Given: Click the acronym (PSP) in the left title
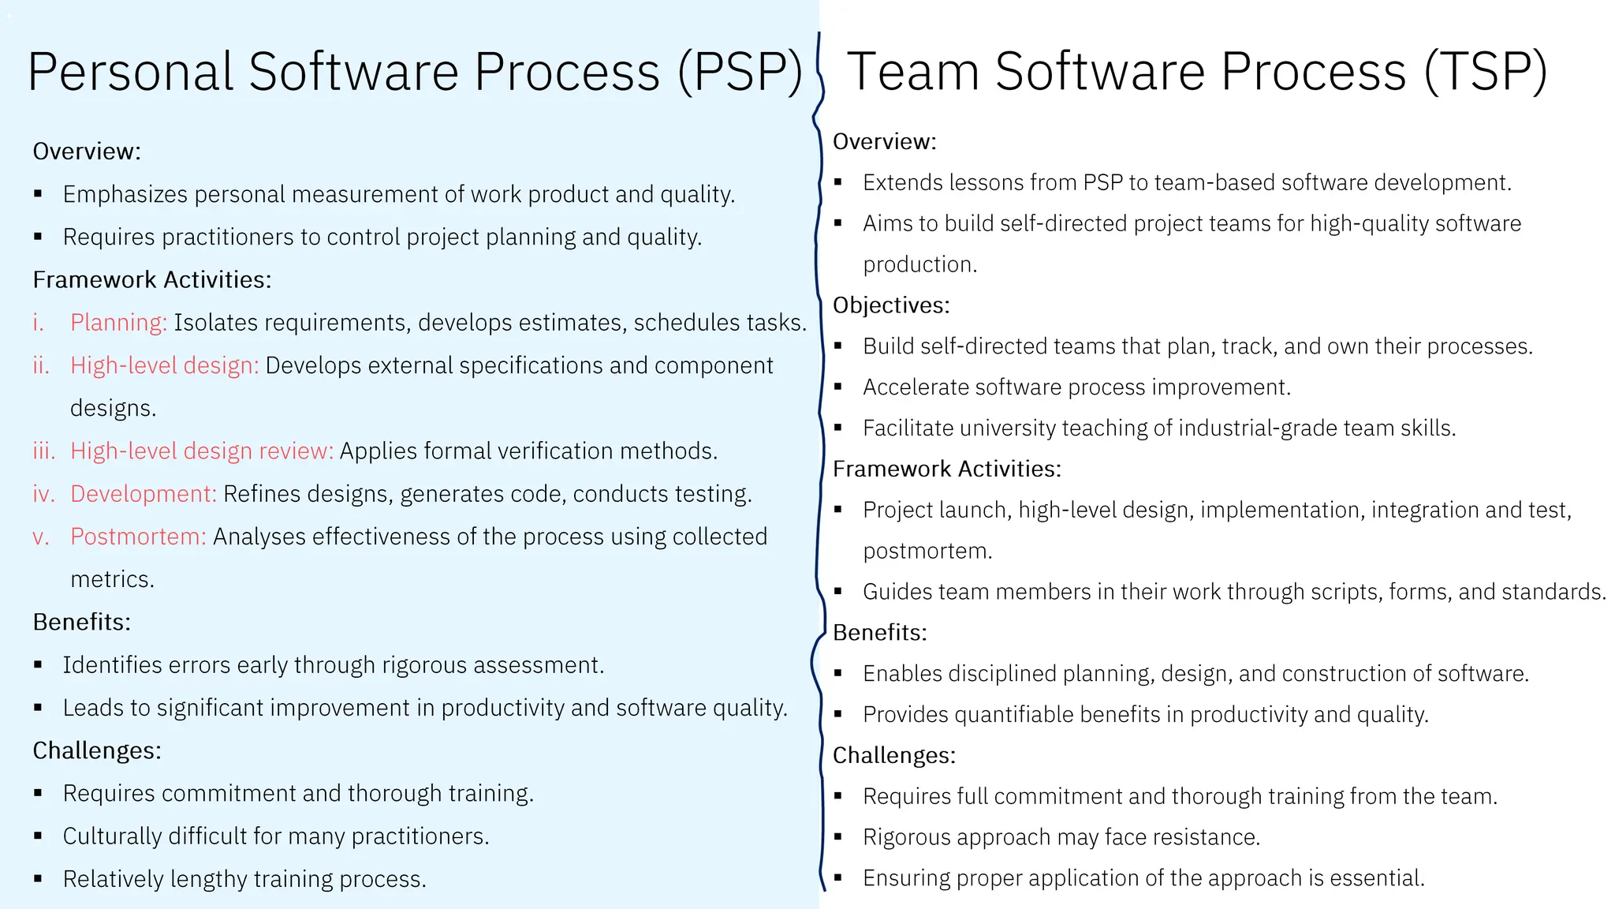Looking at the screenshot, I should [740, 72].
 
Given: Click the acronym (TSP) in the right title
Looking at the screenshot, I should [1486, 72].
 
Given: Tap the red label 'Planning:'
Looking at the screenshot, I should [118, 323].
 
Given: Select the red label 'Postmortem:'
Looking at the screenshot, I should [138, 537].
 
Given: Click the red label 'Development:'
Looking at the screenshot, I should [143, 494].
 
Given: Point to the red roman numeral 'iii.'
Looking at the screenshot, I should [43, 451].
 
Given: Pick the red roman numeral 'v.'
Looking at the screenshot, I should [41, 537].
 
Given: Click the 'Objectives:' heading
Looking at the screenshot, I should [891, 305].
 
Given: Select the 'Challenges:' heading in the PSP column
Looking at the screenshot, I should [97, 750].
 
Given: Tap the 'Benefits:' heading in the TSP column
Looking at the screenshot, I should [879, 633].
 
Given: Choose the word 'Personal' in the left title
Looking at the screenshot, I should [130, 72].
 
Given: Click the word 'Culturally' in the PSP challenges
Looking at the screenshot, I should [112, 836].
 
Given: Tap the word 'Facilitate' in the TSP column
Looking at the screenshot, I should [908, 428].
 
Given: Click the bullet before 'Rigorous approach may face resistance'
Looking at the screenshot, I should [837, 836].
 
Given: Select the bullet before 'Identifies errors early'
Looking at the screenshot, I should [38, 665].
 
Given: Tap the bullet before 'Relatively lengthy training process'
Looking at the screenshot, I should [38, 879].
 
